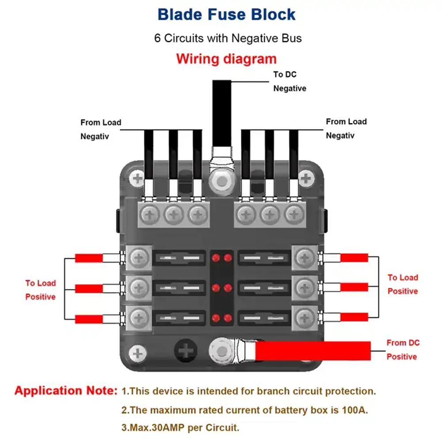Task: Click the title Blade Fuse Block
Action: (226, 15)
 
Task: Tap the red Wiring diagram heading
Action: (226, 59)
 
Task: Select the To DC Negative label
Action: (290, 81)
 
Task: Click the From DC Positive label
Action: (403, 350)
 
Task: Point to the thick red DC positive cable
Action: (313, 351)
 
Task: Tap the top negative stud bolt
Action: (222, 181)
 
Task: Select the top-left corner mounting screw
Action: (137, 179)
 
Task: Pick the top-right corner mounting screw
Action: (306, 179)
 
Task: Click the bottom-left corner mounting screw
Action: (137, 354)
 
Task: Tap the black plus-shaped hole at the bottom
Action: (186, 351)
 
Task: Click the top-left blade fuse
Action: (179, 258)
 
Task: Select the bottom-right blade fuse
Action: (264, 318)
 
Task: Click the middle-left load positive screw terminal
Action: (139, 288)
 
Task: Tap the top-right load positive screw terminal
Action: (305, 258)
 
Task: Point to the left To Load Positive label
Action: (41, 290)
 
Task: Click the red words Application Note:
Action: (66, 391)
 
